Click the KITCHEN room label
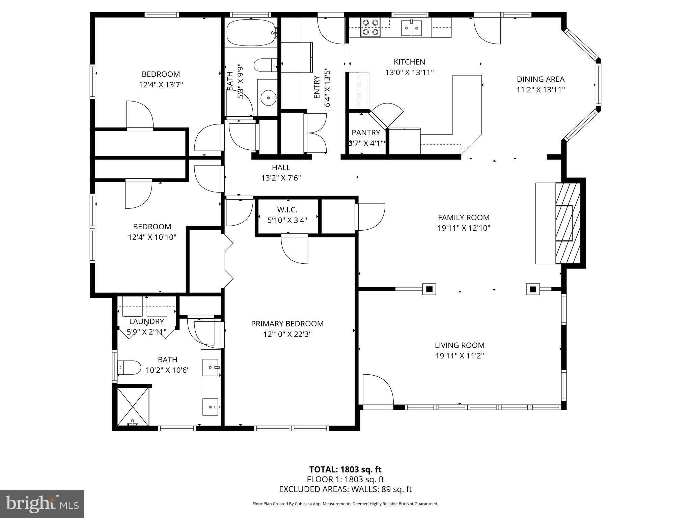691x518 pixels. [x=409, y=62]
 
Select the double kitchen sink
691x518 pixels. [x=411, y=28]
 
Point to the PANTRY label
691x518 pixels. [x=366, y=133]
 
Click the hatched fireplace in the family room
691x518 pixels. [x=568, y=223]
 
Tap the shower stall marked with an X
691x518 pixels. [x=133, y=406]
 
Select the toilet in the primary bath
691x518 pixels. [x=130, y=368]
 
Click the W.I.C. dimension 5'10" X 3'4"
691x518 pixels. [x=287, y=221]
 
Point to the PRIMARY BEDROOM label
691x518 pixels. [x=287, y=324]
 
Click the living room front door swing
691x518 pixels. [x=377, y=390]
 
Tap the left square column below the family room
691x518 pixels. [x=429, y=289]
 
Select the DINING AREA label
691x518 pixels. [x=541, y=79]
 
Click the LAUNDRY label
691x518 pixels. [x=146, y=321]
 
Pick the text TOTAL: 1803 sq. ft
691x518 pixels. [x=345, y=469]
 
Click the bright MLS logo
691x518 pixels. [x=42, y=504]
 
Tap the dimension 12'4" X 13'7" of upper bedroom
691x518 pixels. [x=161, y=85]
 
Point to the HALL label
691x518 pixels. [x=281, y=167]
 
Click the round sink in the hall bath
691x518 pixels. [x=269, y=98]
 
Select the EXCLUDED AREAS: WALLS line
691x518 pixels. [x=345, y=489]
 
